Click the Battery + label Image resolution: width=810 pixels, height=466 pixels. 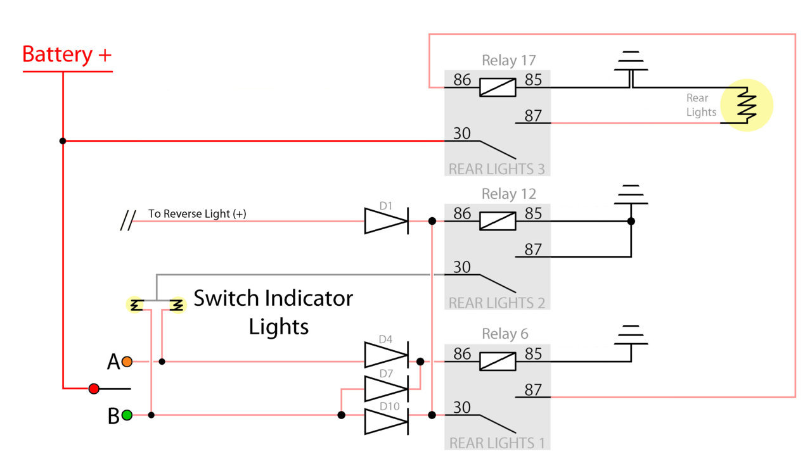tap(67, 55)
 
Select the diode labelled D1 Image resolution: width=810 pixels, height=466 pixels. tap(387, 221)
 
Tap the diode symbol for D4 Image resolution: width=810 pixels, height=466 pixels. tap(387, 355)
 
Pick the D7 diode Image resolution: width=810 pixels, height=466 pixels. tap(387, 389)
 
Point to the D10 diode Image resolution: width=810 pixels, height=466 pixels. tap(387, 421)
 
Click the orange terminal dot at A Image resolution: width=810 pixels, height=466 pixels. tap(127, 362)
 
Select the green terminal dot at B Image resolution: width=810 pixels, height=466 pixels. tap(127, 415)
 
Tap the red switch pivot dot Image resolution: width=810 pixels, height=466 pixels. tap(94, 389)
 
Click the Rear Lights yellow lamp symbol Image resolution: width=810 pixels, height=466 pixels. tap(747, 105)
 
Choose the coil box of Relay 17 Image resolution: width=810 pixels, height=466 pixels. tap(498, 87)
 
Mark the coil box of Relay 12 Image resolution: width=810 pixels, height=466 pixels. tap(498, 221)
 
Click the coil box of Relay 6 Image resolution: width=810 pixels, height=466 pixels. tap(498, 362)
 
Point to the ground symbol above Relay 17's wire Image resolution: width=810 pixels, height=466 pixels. tap(631, 61)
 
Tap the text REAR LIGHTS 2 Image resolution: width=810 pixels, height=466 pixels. tap(497, 303)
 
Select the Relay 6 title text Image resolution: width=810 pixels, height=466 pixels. tap(505, 334)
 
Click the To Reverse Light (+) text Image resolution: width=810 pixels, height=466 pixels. tap(197, 214)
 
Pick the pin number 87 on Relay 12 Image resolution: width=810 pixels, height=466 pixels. tap(533, 249)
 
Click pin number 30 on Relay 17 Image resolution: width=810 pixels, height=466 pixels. tap(462, 134)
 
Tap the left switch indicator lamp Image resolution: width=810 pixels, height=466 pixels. tap(135, 305)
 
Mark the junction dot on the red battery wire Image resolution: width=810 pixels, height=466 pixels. tap(63, 141)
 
